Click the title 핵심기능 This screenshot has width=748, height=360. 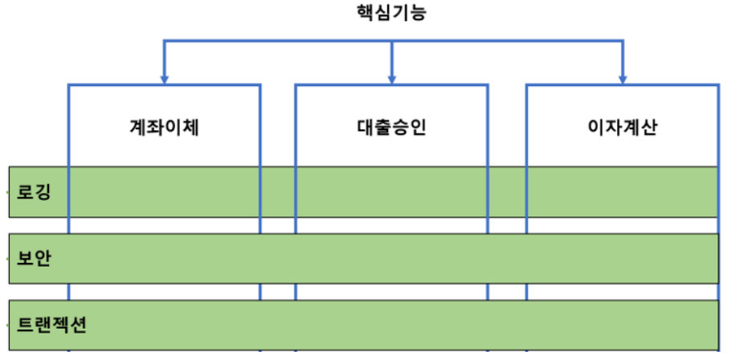click(392, 14)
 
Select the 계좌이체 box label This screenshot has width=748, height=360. click(164, 127)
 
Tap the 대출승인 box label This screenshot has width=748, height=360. click(390, 127)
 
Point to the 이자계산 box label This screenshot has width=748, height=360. click(621, 127)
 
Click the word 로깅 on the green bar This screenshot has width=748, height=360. click(34, 192)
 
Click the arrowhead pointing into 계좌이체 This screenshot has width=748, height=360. click(164, 78)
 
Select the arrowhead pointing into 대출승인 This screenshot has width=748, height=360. click(391, 78)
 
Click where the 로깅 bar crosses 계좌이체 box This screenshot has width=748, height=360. click(164, 192)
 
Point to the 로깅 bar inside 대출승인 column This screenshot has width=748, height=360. click(391, 192)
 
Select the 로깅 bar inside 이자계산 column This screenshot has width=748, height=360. click(621, 192)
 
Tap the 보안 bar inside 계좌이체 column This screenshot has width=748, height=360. click(164, 259)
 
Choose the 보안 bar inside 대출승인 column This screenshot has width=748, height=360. click(391, 259)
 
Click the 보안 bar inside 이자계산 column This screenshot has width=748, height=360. click(621, 259)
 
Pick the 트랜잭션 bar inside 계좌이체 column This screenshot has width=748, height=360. click(164, 325)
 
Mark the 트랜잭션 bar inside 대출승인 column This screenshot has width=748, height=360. click(391, 325)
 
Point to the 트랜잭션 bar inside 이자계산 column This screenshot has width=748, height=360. click(621, 325)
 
